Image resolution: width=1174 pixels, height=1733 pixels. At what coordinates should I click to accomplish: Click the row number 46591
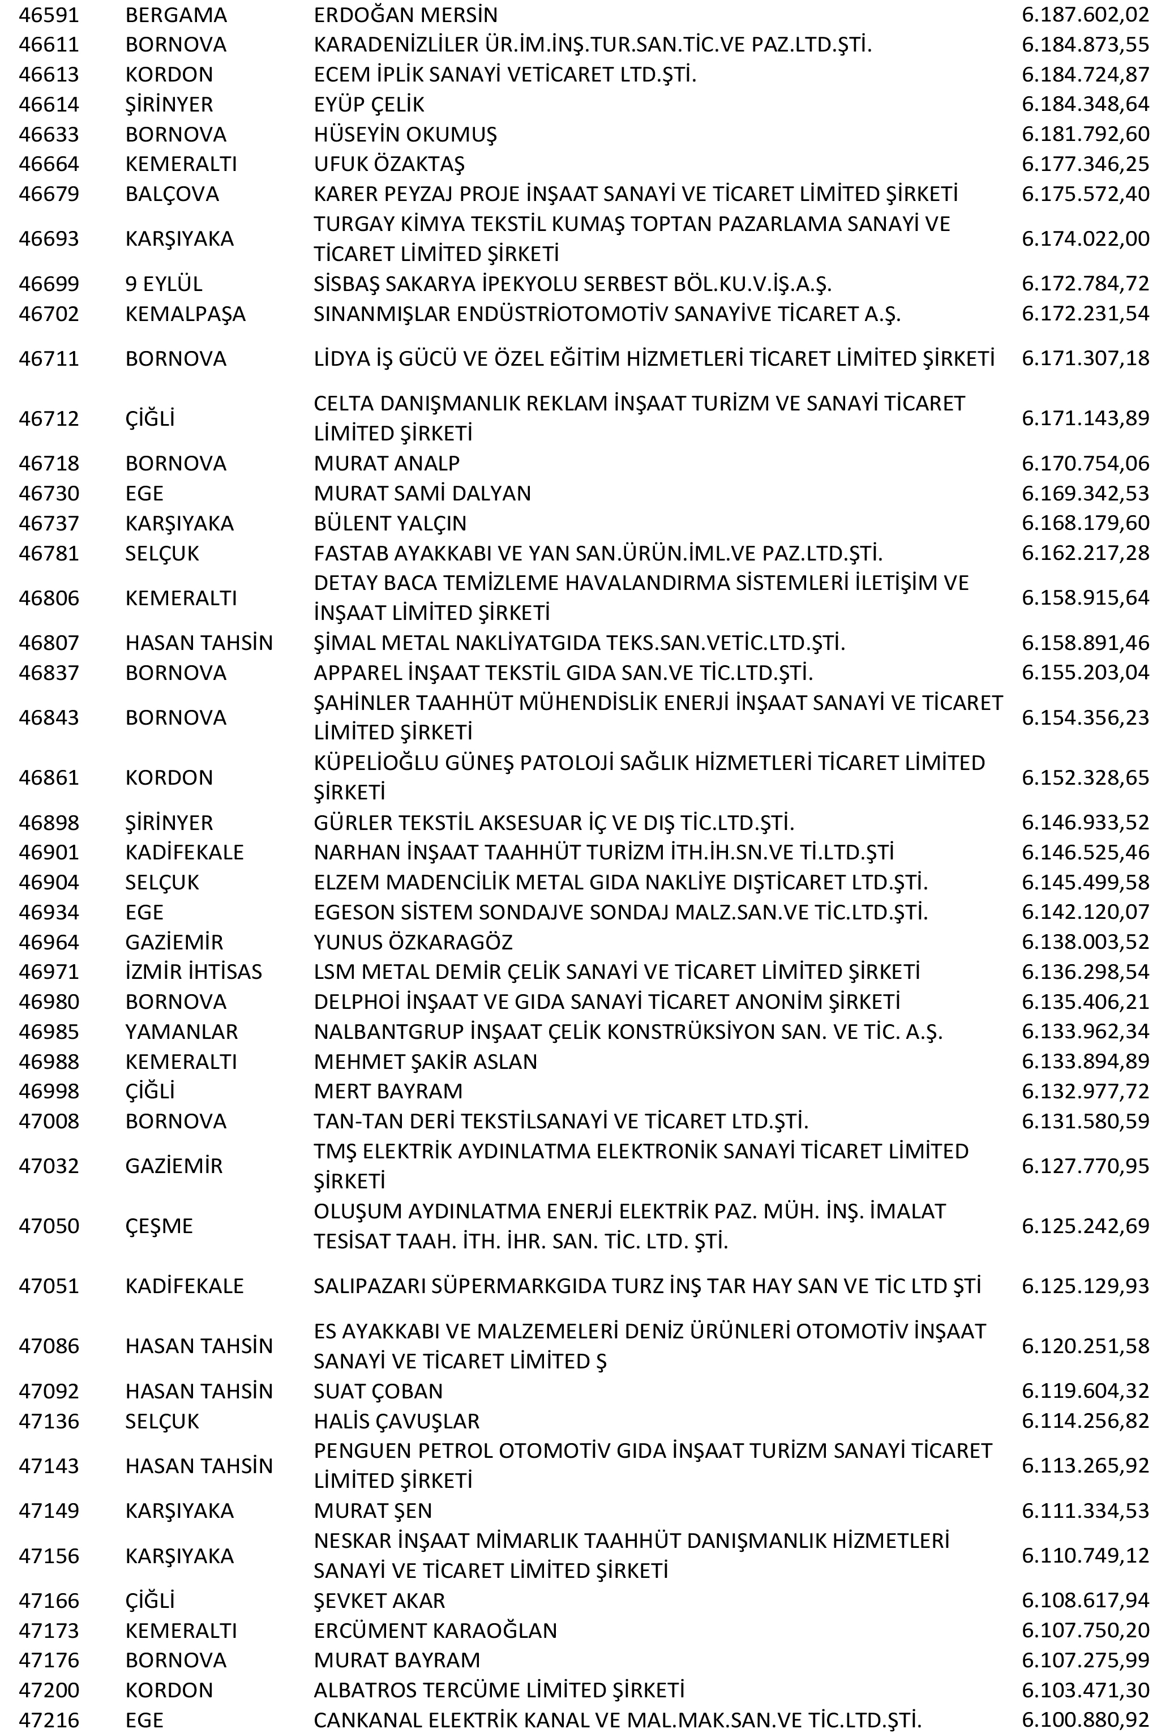pyautogui.click(x=49, y=15)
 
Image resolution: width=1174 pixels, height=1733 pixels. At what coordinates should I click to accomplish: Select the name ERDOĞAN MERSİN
pyautogui.click(x=405, y=15)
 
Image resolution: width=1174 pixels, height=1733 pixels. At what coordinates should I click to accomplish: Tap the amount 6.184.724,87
pyautogui.click(x=1085, y=75)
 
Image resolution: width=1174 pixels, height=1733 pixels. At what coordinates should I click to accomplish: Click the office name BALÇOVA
pyautogui.click(x=172, y=194)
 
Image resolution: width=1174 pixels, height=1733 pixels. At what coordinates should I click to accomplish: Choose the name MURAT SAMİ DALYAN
pyautogui.click(x=422, y=494)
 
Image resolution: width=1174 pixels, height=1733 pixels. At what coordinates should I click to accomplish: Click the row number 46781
pyautogui.click(x=49, y=553)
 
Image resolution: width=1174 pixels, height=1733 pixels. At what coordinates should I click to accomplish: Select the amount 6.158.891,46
pyautogui.click(x=1085, y=643)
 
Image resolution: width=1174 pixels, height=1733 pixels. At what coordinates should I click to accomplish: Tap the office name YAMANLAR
pyautogui.click(x=181, y=1032)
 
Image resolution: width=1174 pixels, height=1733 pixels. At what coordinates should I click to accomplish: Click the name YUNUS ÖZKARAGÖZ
pyautogui.click(x=413, y=943)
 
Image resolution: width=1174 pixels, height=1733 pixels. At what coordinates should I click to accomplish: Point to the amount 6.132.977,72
pyautogui.click(x=1085, y=1092)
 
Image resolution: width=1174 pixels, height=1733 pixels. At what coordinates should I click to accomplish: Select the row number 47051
pyautogui.click(x=49, y=1286)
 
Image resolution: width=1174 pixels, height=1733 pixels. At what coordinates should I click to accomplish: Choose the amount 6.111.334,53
pyautogui.click(x=1085, y=1511)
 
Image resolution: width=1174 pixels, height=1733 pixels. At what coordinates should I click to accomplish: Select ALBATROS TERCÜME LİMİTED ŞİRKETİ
pyautogui.click(x=499, y=1691)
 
